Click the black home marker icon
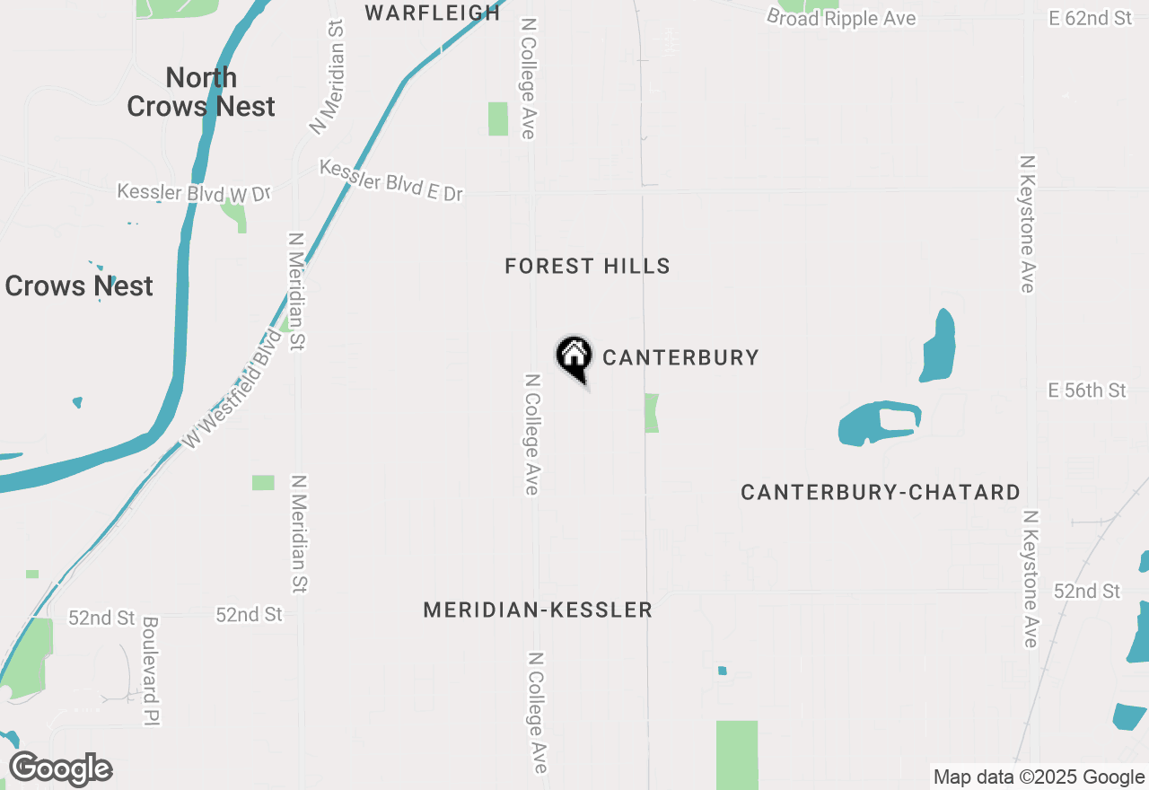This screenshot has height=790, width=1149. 574,357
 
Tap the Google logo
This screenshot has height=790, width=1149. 60,769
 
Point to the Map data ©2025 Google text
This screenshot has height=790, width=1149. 1039,777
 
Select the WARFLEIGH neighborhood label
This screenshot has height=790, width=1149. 433,13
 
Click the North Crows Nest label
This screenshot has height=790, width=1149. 201,92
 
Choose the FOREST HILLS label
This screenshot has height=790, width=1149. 587,266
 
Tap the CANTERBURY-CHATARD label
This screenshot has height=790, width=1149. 880,492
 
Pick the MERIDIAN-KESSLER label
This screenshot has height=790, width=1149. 538,610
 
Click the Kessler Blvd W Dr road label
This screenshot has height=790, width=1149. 193,193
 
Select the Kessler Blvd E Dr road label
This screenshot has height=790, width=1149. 391,180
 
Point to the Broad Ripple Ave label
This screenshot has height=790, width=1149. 841,18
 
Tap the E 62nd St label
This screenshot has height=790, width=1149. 1090,17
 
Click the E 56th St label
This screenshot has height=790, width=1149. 1086,390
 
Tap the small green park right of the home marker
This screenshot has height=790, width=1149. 652,412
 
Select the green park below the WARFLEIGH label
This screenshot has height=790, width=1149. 497,118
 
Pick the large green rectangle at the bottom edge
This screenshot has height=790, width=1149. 736,754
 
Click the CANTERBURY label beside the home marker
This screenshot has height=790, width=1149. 680,357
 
